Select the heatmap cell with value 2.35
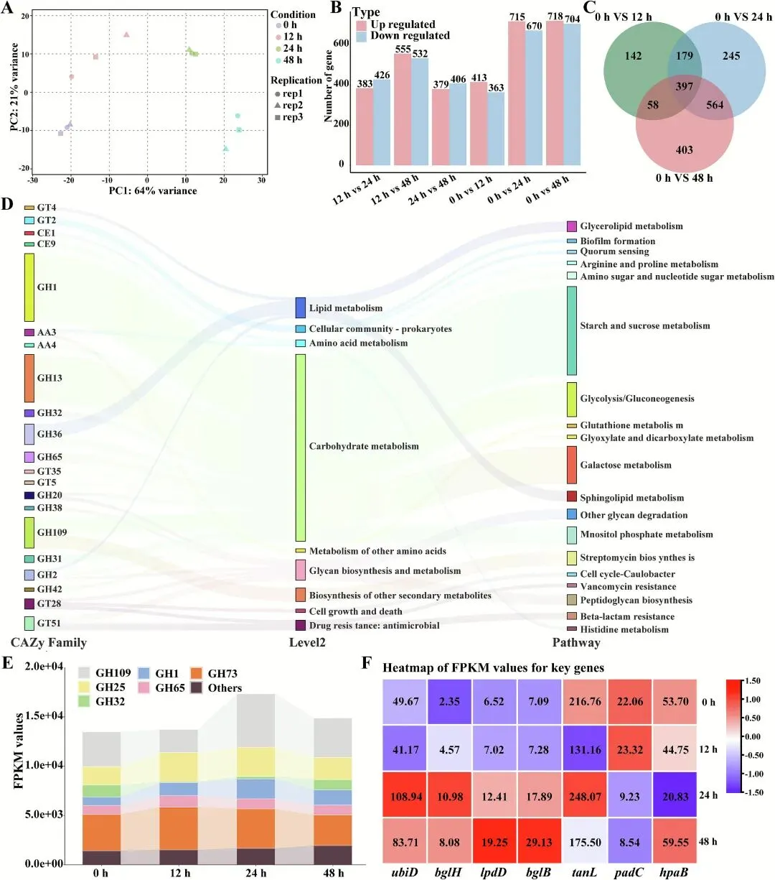(x=449, y=702)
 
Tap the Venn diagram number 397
(x=684, y=86)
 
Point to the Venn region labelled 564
(x=714, y=105)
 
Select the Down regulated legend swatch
(x=362, y=36)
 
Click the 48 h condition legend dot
(x=278, y=60)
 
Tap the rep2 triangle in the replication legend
(x=278, y=106)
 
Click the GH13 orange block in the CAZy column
(x=29, y=378)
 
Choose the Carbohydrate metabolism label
(x=364, y=446)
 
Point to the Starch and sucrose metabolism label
(x=644, y=325)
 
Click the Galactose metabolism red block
(x=572, y=465)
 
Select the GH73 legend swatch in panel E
(x=196, y=674)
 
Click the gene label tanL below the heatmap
(x=585, y=871)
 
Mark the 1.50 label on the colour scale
(x=751, y=681)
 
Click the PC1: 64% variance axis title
(x=153, y=190)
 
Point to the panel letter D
(x=8, y=204)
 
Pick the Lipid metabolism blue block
(x=301, y=307)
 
